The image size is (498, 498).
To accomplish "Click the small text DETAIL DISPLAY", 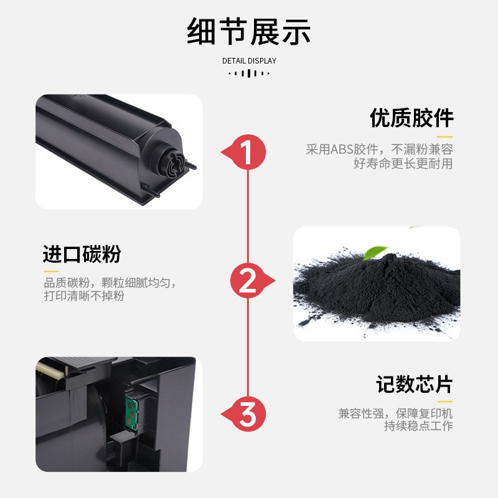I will (x=249, y=61).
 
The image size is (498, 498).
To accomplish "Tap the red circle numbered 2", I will (x=248, y=281).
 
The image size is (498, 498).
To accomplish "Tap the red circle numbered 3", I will (x=248, y=414).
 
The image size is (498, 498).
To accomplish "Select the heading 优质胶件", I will (x=411, y=118).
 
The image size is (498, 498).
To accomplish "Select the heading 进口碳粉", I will (x=82, y=255).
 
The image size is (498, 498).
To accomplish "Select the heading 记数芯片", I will (x=413, y=385).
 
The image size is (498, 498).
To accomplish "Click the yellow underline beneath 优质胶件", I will (x=444, y=136).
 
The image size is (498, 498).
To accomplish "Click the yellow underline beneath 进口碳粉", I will (x=50, y=271).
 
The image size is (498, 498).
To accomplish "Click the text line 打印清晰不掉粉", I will (x=84, y=297).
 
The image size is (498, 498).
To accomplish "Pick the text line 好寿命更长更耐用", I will (x=403, y=164).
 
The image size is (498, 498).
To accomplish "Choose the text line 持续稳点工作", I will (x=418, y=426).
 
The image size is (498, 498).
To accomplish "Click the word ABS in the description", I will (x=341, y=149).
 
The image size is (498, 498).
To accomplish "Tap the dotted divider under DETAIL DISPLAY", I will (x=249, y=73).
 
